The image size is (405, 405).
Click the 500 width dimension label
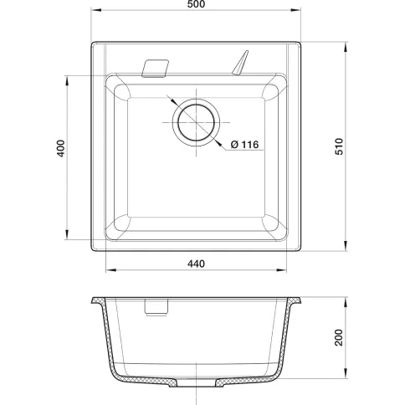[196, 4]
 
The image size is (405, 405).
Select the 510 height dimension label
[339, 146]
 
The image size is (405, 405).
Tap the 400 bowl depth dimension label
[61, 148]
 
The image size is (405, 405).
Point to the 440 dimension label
[196, 264]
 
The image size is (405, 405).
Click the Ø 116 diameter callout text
[244, 145]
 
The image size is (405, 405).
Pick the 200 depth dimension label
[339, 337]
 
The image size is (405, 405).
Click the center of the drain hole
[197, 122]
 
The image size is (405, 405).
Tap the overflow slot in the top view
[155, 69]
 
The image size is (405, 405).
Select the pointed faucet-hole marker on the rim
[240, 63]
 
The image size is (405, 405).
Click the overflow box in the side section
[156, 307]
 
